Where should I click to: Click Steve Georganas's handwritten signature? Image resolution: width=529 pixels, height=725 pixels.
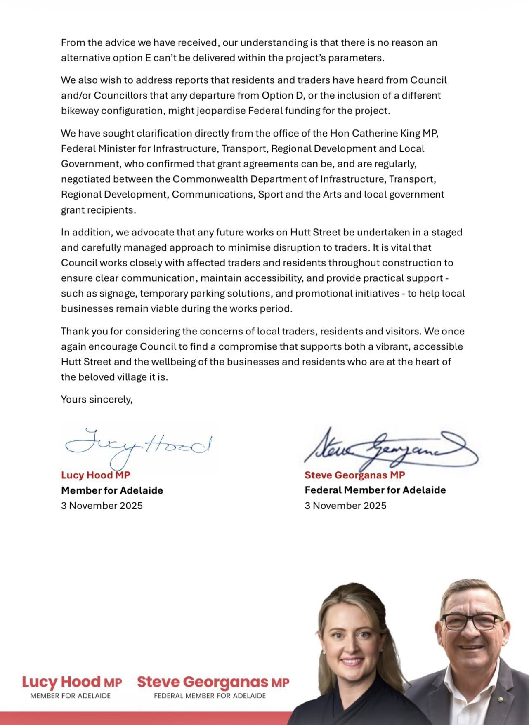point(390,447)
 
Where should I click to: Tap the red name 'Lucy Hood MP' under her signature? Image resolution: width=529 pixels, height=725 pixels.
point(96,475)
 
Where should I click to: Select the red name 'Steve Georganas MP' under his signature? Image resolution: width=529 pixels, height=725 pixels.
point(355,475)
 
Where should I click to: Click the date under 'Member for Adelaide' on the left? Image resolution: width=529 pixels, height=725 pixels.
point(102,506)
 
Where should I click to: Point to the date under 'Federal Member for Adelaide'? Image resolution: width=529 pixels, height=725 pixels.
point(346,506)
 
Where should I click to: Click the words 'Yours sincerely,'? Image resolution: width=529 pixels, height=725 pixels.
point(97,399)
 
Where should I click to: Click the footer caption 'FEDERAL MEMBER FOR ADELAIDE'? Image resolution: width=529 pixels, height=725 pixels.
point(210,696)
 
